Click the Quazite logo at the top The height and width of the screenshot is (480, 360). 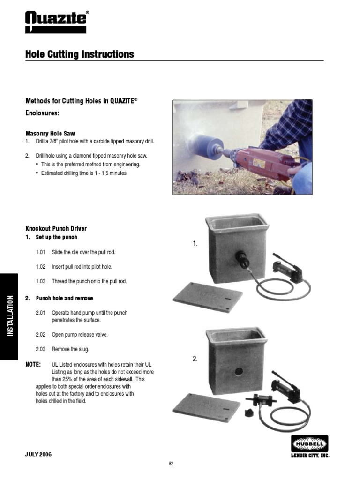[x=56, y=22]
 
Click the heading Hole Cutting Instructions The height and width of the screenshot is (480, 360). [x=80, y=54]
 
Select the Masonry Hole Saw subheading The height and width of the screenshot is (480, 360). [x=50, y=134]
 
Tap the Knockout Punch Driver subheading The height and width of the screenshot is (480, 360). [x=56, y=229]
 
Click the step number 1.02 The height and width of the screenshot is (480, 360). [x=40, y=267]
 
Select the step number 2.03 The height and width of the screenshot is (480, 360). [x=40, y=349]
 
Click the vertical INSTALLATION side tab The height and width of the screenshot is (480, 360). [x=9, y=316]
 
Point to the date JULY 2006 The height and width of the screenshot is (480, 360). [x=38, y=454]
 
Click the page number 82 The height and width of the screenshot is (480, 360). [x=171, y=464]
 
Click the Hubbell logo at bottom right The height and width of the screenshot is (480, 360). [x=310, y=443]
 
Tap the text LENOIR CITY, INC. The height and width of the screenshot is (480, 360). [x=310, y=455]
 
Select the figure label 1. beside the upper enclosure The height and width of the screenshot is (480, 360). [x=195, y=244]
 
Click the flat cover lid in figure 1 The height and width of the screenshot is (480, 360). [x=208, y=297]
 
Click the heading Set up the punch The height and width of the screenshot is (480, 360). [x=58, y=237]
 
